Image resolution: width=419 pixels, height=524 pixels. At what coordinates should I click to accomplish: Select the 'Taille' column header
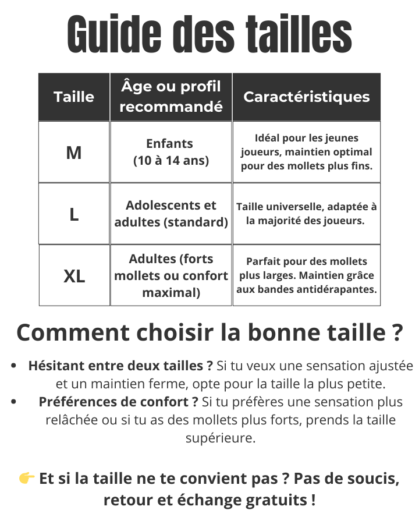coord(74,97)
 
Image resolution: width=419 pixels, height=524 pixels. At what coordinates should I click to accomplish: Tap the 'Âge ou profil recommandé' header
coord(171,97)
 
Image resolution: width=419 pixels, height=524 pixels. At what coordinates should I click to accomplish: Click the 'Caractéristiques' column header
coord(306,97)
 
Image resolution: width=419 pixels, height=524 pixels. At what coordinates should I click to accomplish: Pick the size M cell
coord(74,153)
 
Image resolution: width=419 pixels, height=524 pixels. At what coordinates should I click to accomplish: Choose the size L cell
coord(74,214)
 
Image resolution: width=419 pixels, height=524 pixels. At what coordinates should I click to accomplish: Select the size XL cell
coord(74,276)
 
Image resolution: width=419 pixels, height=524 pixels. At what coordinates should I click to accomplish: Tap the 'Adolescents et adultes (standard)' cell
coord(171,214)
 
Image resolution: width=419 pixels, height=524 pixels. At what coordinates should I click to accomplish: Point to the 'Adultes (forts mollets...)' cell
coord(171,275)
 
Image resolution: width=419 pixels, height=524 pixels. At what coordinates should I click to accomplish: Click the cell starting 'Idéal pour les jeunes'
coord(307,152)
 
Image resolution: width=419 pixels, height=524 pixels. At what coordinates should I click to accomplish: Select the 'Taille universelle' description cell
coord(307,214)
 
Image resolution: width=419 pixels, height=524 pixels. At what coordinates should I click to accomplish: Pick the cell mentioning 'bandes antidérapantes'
coord(307,275)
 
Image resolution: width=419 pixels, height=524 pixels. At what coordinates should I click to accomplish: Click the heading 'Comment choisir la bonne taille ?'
coord(210,332)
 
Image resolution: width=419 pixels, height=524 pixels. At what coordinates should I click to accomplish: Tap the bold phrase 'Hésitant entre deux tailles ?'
coord(120,366)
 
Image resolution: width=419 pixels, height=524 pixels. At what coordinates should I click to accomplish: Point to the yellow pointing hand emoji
coord(27,479)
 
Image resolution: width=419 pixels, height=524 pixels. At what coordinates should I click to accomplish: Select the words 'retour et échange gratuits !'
coord(210,500)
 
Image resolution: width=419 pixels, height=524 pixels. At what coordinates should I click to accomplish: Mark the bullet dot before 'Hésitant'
coord(13,366)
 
